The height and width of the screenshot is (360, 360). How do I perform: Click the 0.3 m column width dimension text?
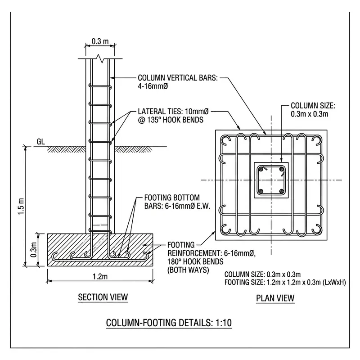click(x=100, y=42)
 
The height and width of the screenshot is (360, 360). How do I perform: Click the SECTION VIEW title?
click(x=103, y=297)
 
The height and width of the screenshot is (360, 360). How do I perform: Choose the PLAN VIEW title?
click(x=275, y=298)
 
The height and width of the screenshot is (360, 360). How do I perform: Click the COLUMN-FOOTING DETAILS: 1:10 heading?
click(x=169, y=323)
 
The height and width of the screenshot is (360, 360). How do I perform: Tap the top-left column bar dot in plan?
click(x=261, y=169)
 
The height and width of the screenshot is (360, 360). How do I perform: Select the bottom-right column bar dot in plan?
click(x=281, y=191)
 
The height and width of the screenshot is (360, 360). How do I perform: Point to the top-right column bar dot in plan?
click(x=281, y=169)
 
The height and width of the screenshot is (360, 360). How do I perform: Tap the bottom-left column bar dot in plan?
click(x=261, y=191)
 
